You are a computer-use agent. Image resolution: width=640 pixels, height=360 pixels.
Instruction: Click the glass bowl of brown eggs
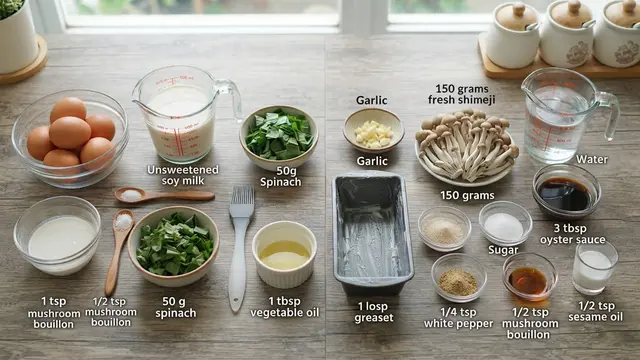click(70, 138)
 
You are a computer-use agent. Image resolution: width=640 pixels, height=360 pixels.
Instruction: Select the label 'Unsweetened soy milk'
click(182, 175)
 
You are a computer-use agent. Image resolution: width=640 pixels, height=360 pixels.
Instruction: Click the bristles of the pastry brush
click(242, 201)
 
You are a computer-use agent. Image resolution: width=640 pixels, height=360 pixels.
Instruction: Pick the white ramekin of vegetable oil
click(284, 254)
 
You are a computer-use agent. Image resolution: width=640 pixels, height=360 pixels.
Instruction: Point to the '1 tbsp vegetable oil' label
click(284, 307)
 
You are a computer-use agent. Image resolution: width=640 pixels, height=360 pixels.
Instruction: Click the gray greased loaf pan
click(372, 234)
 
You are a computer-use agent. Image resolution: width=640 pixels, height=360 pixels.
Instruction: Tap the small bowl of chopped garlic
click(373, 131)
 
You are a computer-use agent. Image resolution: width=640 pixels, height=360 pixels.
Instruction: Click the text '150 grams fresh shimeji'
click(462, 94)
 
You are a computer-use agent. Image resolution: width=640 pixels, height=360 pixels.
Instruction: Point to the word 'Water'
click(591, 159)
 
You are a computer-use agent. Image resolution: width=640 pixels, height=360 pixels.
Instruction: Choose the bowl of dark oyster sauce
click(566, 191)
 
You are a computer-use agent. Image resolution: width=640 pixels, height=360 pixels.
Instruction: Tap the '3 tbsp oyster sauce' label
click(572, 233)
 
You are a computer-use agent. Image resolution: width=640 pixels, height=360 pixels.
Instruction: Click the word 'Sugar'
click(503, 250)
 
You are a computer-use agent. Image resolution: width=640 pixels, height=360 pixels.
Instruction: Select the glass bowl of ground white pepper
click(459, 278)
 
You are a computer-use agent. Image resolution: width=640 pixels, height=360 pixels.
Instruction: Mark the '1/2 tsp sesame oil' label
click(596, 311)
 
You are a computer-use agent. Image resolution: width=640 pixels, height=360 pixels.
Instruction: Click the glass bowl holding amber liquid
click(529, 277)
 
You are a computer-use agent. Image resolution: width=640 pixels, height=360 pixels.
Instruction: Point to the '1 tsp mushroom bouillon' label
click(53, 312)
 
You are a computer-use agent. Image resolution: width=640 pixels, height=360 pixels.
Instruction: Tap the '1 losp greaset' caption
click(374, 312)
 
